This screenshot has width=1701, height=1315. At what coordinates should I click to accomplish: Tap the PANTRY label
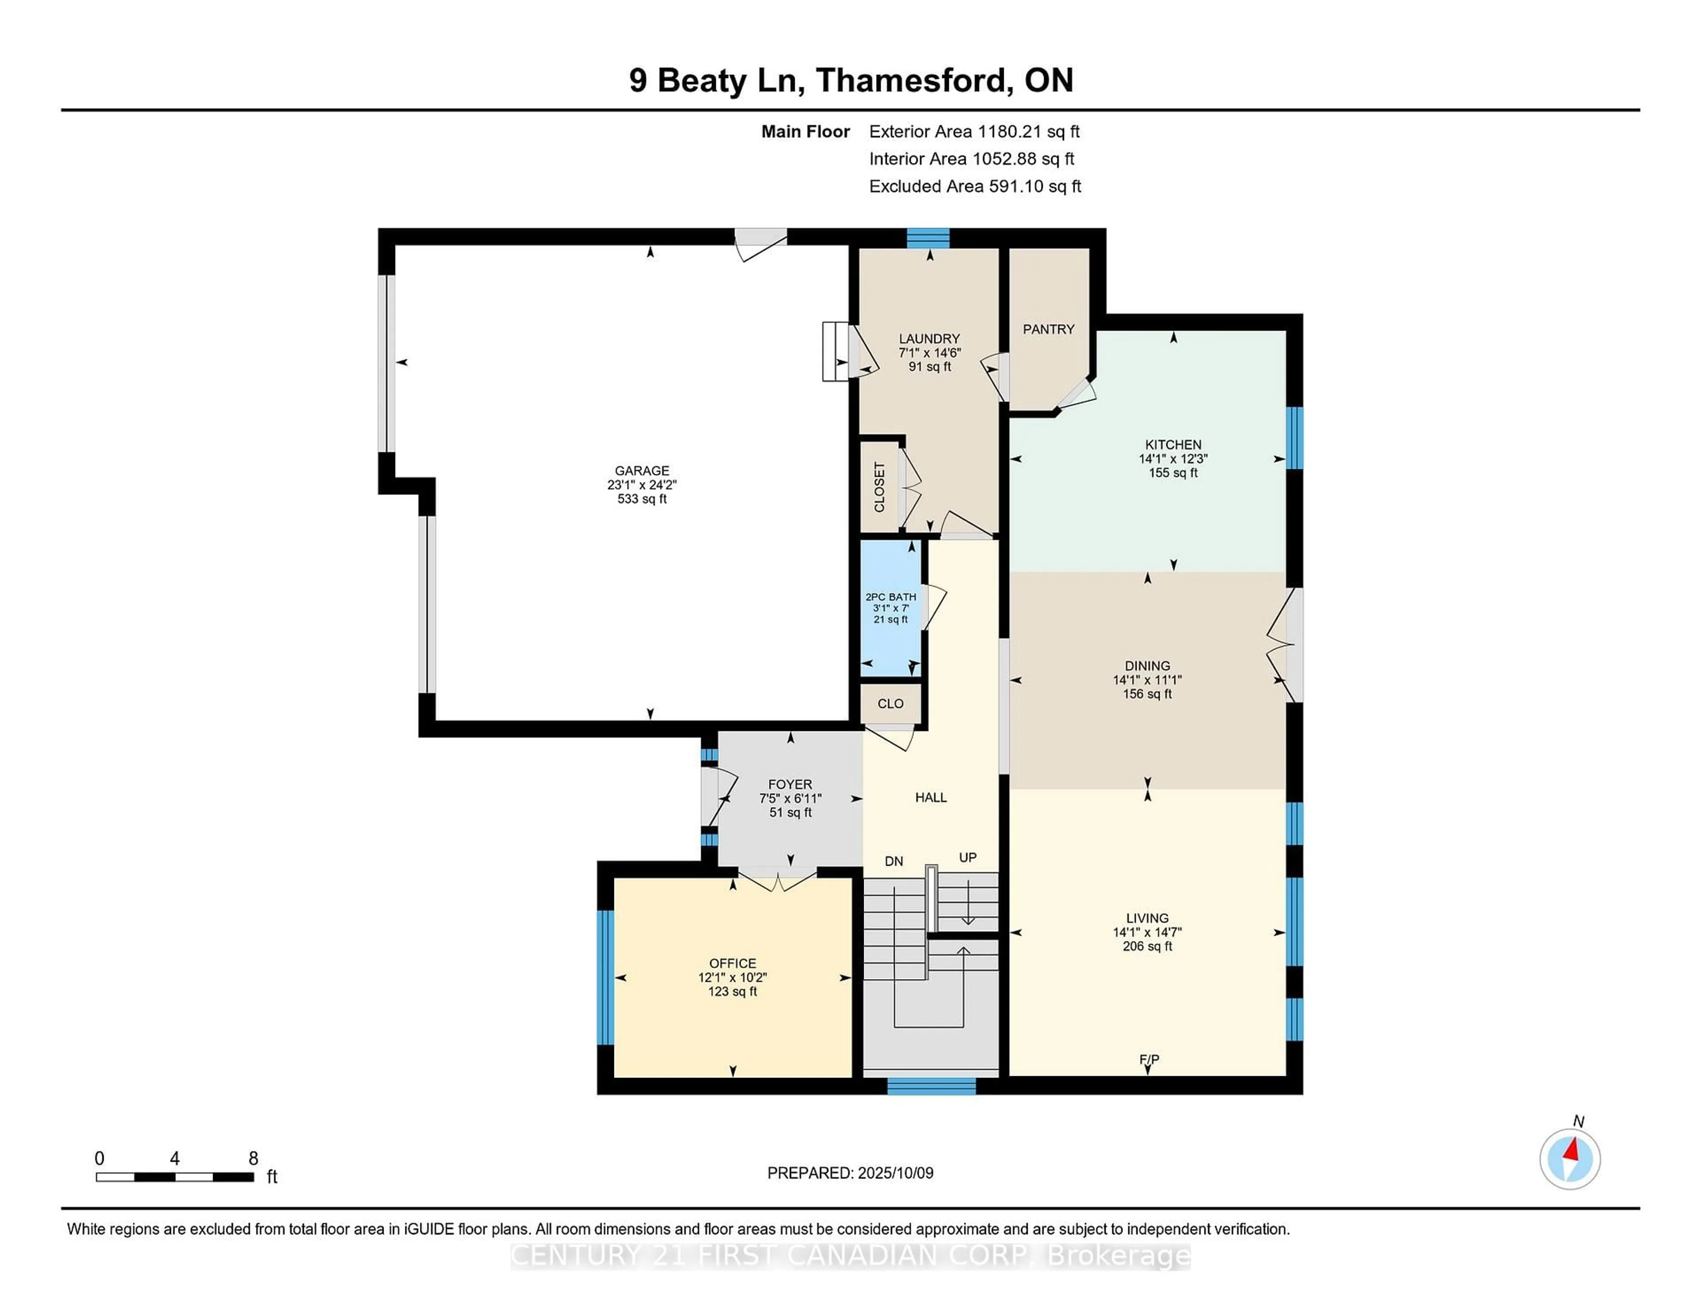pyautogui.click(x=1049, y=330)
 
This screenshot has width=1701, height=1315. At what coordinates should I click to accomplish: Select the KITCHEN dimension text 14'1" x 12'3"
pyautogui.click(x=1173, y=459)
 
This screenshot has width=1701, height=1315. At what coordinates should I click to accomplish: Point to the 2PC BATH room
pyautogui.click(x=890, y=608)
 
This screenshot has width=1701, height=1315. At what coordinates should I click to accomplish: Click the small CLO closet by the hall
pyautogui.click(x=891, y=704)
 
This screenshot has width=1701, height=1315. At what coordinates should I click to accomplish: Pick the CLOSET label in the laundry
pyautogui.click(x=879, y=487)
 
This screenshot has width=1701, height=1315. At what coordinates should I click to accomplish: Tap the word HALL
pyautogui.click(x=931, y=798)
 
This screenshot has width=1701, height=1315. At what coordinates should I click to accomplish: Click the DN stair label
pyautogui.click(x=894, y=862)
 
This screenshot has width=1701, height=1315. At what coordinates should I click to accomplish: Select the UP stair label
pyautogui.click(x=967, y=858)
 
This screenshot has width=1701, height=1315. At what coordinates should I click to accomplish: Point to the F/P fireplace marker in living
pyautogui.click(x=1149, y=1059)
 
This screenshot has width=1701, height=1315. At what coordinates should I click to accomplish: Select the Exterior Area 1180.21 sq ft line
pyautogui.click(x=975, y=132)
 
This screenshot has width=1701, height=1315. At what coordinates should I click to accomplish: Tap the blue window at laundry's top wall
pyautogui.click(x=928, y=237)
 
